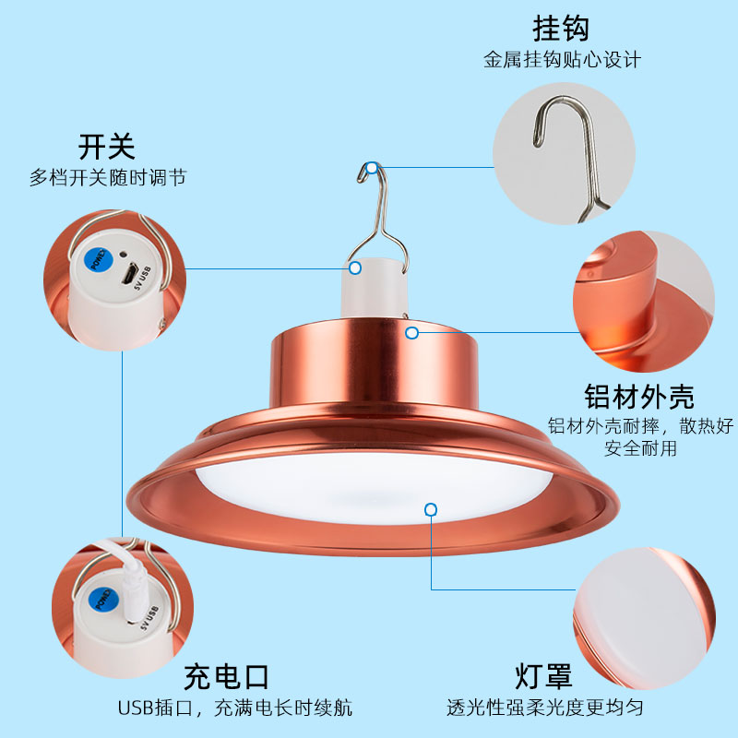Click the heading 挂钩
(561, 29)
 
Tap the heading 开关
(107, 147)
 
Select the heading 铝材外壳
(639, 397)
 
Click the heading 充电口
(226, 677)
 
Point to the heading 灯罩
(543, 676)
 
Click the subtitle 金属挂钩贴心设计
(562, 60)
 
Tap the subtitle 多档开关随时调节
(108, 177)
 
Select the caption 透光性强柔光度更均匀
(545, 707)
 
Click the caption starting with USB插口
(235, 708)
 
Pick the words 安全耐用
(640, 448)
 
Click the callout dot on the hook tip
(372, 168)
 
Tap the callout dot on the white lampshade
(431, 510)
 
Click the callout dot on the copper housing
(411, 333)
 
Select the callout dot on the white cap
(355, 268)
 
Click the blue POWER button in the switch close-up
(99, 260)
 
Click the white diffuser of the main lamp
(375, 487)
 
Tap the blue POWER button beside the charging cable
(102, 600)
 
